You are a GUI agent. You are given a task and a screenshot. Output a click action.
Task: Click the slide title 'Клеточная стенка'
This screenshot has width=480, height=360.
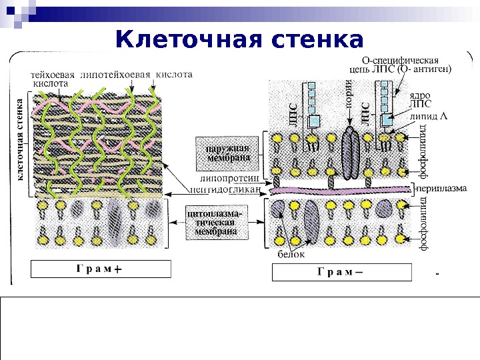click(x=239, y=39)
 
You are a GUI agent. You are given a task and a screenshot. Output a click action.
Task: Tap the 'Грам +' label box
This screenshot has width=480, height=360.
click(x=101, y=269)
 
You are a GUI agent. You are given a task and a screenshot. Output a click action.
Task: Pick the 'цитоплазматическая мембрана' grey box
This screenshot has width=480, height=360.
click(x=215, y=222)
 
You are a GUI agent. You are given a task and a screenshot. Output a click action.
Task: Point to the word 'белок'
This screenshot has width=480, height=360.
click(x=291, y=255)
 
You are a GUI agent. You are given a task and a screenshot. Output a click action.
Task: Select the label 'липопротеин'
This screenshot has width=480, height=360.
click(x=228, y=179)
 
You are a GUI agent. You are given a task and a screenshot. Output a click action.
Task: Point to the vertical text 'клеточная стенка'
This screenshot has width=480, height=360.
click(x=20, y=139)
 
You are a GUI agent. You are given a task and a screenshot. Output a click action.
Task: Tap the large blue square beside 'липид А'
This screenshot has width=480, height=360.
click(x=389, y=119)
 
